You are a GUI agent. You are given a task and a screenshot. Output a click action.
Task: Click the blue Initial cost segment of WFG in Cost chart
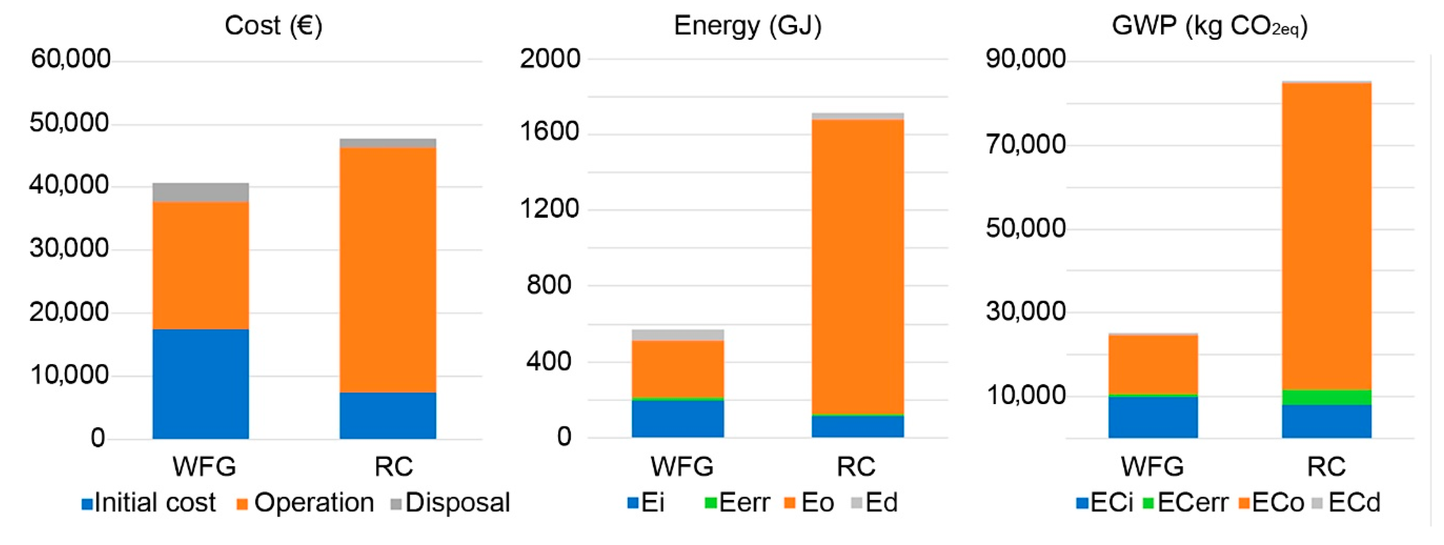[x=201, y=384]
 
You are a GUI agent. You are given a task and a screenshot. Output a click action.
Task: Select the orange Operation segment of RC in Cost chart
[x=388, y=269]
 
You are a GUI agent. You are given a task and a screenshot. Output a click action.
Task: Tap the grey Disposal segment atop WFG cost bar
[x=201, y=192]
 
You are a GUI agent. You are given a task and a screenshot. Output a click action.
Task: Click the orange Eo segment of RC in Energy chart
[x=858, y=266]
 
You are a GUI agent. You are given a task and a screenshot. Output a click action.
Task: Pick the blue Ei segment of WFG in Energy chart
[x=678, y=418]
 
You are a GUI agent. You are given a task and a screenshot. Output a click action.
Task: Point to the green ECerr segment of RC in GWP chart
[x=1326, y=397]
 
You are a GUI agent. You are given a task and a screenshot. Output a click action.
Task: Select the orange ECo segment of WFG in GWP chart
[x=1153, y=364]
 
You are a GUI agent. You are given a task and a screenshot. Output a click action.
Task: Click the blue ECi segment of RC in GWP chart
[x=1326, y=421]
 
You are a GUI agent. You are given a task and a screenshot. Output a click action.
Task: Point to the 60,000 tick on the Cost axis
[x=71, y=59]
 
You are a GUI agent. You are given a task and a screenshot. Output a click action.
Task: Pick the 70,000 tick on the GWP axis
[x=1025, y=145]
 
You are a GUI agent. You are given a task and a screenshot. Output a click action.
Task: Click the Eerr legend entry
[x=737, y=503]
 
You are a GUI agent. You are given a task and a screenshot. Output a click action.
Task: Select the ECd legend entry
[x=1346, y=503]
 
